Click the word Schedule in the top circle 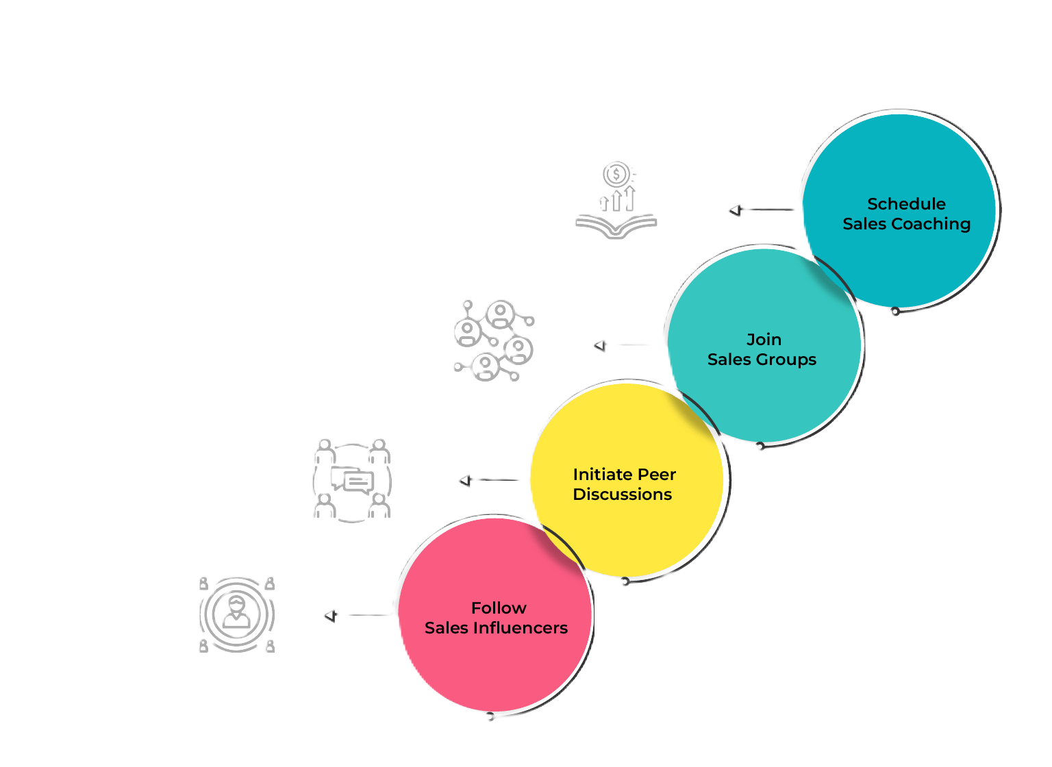906,204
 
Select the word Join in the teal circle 764,340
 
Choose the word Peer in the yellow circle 657,475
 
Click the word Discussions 623,494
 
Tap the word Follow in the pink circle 499,608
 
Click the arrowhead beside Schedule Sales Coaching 736,210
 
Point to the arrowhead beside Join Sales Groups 601,346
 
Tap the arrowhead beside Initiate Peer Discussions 466,481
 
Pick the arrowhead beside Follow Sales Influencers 331,616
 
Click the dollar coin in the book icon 616,175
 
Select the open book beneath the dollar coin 616,227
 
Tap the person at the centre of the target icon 237,612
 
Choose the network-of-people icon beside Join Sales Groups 493,340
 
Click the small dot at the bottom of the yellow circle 625,581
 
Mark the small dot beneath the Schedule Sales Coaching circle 895,312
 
